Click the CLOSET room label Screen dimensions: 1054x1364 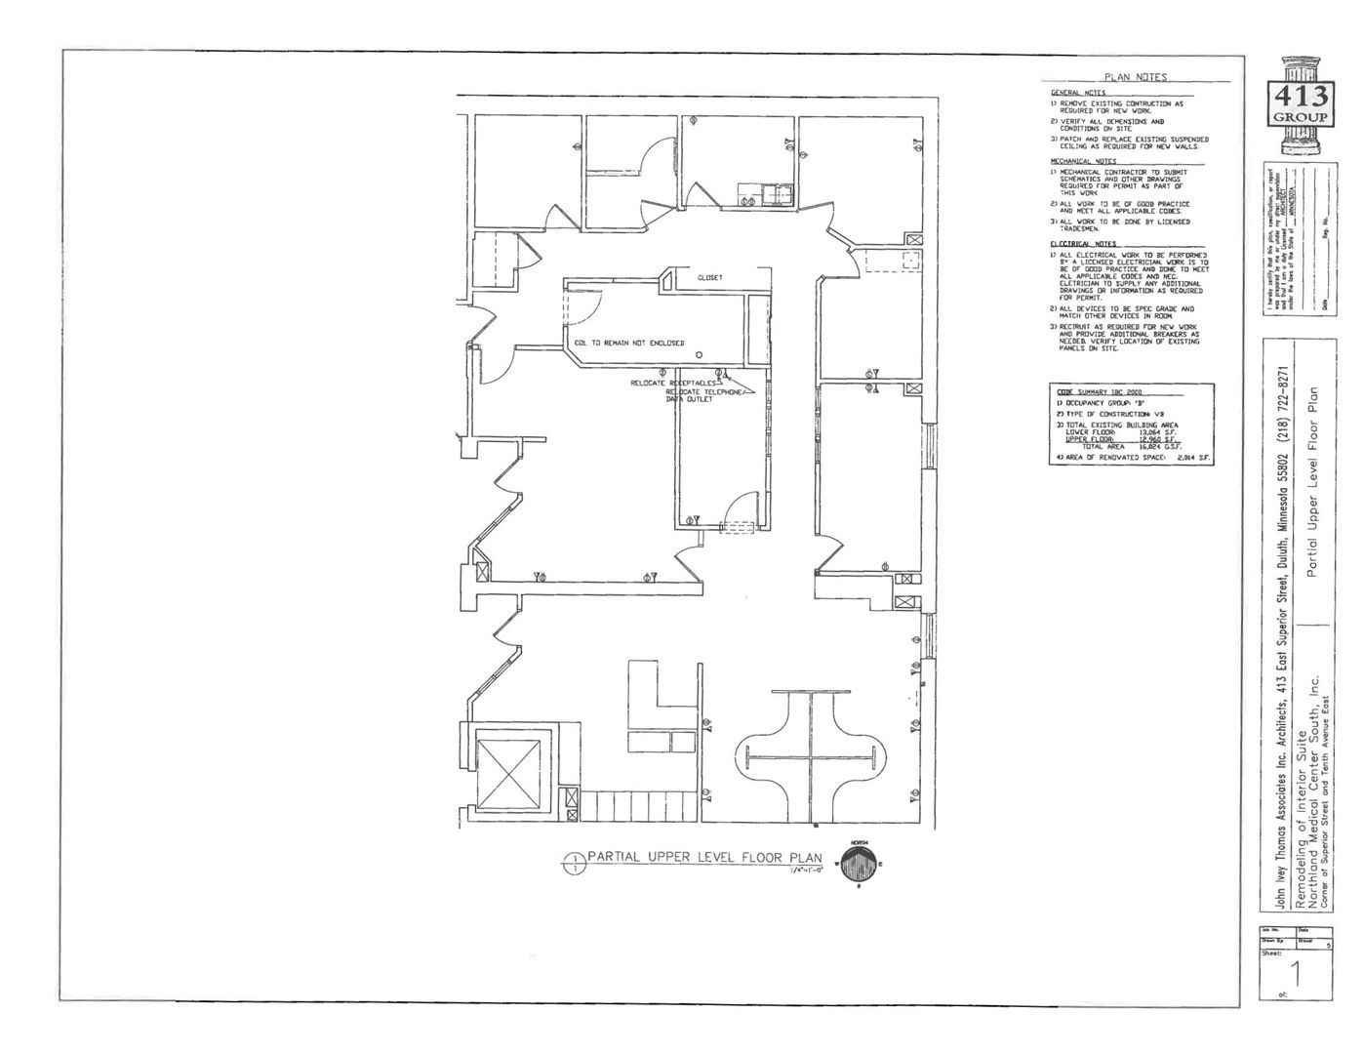click(x=710, y=278)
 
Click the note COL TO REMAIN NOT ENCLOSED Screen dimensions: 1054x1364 click(x=629, y=344)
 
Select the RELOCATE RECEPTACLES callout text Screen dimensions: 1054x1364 click(x=673, y=384)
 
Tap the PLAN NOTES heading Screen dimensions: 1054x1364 click(x=1135, y=77)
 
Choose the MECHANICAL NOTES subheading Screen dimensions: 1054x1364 click(x=1083, y=161)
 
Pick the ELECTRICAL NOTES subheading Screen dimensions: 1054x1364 click(x=1083, y=244)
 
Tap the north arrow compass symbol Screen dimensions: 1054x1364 click(x=859, y=864)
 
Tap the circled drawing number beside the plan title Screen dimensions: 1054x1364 click(x=573, y=862)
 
